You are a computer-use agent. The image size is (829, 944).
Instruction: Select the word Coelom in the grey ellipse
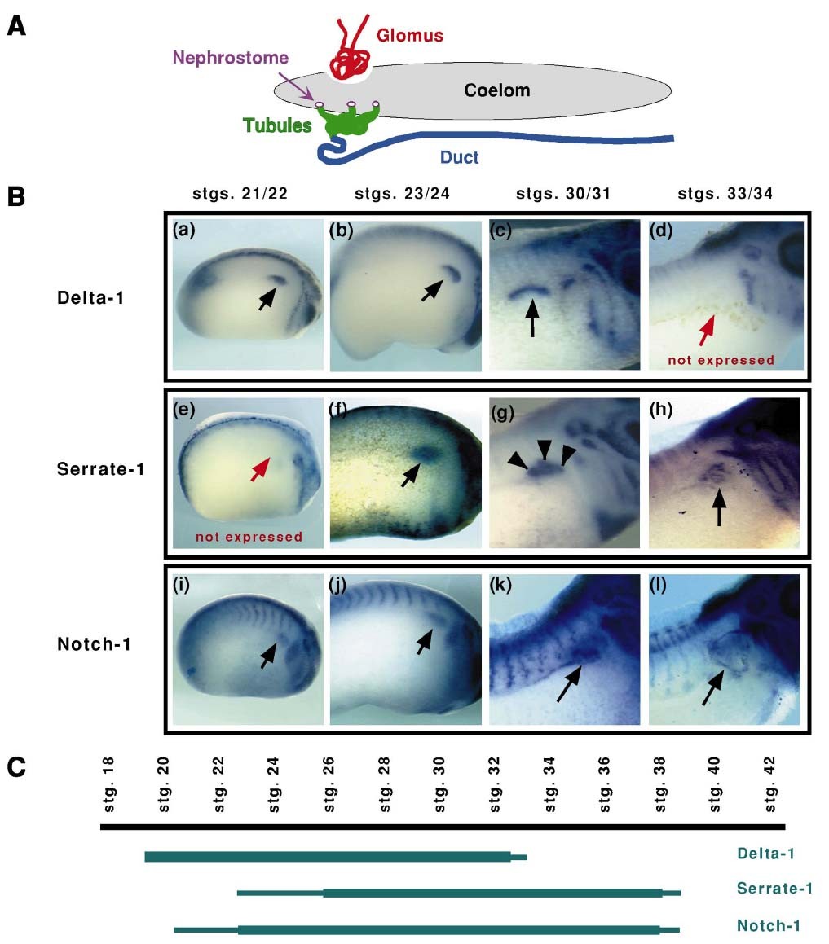pos(496,90)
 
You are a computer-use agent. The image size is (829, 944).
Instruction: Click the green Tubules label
pos(277,126)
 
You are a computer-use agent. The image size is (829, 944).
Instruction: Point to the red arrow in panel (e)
pos(259,470)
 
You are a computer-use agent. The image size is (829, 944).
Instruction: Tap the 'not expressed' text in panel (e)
pos(249,537)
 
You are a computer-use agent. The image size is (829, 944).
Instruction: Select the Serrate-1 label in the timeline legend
pos(774,888)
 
